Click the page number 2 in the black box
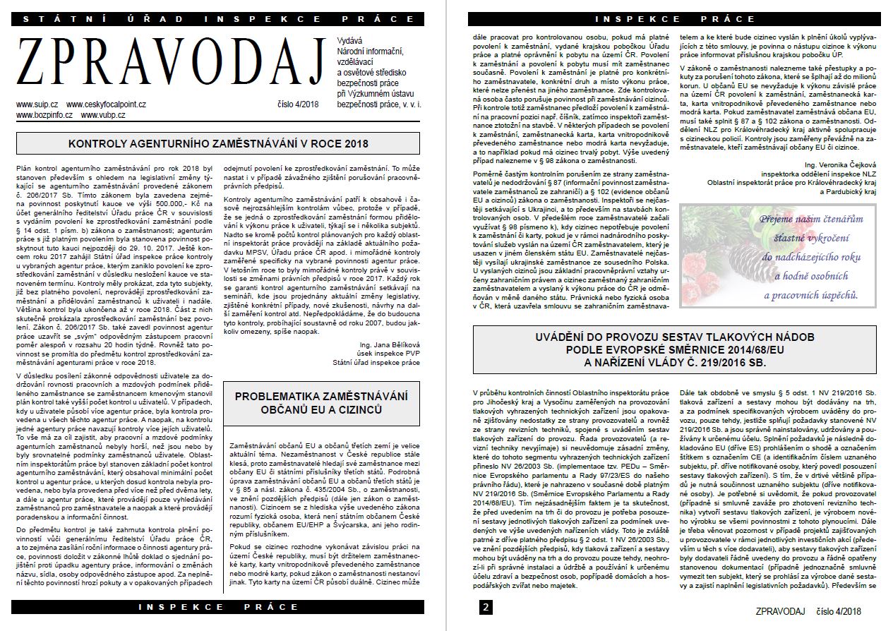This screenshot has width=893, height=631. pyautogui.click(x=486, y=607)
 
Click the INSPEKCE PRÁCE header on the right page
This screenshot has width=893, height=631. pyautogui.click(x=665, y=18)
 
